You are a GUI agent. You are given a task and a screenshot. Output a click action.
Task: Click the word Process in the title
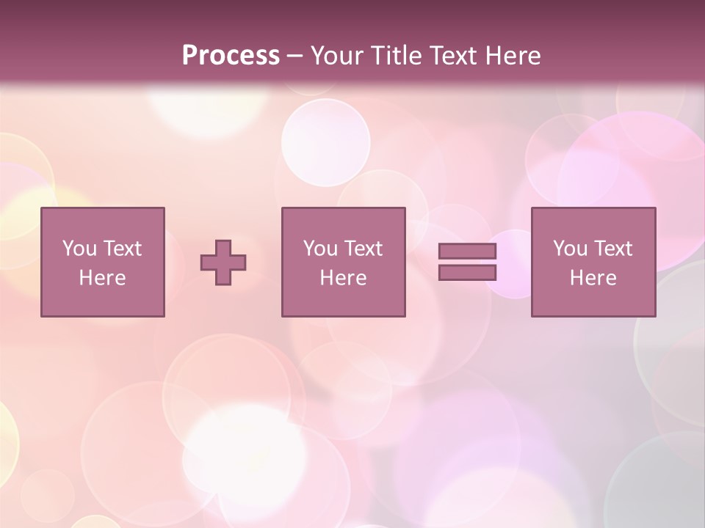click(231, 56)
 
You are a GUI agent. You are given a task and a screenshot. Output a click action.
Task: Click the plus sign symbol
click(223, 263)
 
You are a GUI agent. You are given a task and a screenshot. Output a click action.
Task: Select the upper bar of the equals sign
click(467, 252)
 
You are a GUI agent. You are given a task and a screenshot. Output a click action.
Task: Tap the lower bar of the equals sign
click(467, 273)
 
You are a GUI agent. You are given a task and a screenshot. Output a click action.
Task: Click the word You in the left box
click(79, 249)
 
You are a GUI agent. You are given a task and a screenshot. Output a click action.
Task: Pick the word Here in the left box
click(103, 278)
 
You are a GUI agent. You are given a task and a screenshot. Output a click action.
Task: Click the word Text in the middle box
click(363, 249)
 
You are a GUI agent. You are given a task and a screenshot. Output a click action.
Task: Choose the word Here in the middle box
click(344, 278)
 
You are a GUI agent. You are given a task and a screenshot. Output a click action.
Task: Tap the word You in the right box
click(570, 249)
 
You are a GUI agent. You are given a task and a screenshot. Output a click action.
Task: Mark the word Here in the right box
click(593, 278)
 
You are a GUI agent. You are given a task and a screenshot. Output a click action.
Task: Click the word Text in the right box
click(612, 249)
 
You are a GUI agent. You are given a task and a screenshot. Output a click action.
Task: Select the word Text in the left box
click(122, 249)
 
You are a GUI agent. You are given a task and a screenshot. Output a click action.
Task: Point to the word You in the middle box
click(320, 249)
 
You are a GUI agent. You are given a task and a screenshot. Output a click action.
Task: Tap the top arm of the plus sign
click(223, 247)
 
